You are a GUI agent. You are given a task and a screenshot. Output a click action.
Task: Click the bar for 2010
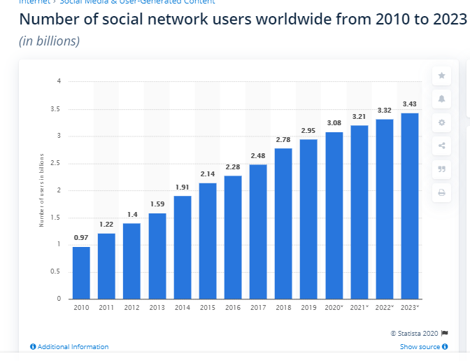pos(81,273)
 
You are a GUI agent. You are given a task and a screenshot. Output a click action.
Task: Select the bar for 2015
pos(208,241)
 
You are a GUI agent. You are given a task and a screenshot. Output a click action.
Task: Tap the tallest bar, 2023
pos(410,206)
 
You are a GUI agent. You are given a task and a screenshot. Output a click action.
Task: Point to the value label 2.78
pos(283,140)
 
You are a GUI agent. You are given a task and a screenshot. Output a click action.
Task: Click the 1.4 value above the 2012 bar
pos(131,214)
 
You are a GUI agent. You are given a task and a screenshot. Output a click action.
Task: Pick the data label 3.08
pos(334,123)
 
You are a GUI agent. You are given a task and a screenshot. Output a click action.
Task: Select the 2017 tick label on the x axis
pos(258,307)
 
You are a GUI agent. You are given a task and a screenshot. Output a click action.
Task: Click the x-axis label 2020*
pos(334,307)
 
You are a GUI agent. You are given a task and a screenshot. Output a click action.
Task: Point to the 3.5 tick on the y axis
pos(55,109)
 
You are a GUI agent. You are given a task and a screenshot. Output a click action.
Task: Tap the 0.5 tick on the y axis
pos(55,272)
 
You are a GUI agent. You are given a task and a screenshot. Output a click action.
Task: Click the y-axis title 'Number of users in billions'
pos(41,190)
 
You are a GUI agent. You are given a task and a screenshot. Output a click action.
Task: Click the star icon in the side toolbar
pos(441,75)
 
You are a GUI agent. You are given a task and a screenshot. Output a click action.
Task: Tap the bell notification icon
pos(441,99)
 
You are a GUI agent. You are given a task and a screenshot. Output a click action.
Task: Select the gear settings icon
pos(441,122)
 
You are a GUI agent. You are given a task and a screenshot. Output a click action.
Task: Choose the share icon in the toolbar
pos(441,146)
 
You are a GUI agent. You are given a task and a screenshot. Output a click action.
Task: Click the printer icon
pos(441,192)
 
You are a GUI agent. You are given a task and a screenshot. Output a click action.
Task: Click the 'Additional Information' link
pos(70,347)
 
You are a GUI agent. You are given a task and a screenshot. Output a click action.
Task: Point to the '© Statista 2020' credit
pos(414,333)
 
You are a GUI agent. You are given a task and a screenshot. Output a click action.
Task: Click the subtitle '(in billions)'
pos(49,41)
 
